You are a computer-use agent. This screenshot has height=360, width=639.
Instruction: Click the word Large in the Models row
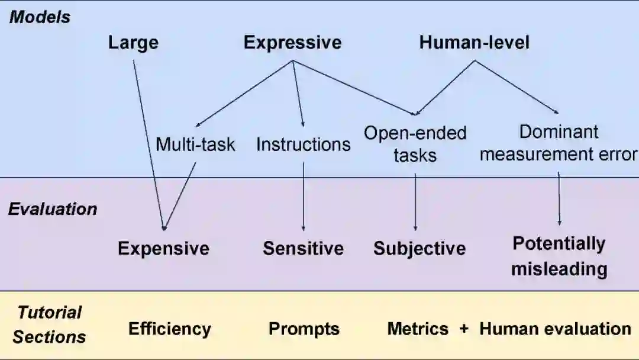[133, 43]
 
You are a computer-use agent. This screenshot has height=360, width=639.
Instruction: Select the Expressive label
[292, 43]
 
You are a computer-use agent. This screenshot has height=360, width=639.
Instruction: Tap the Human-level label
[474, 43]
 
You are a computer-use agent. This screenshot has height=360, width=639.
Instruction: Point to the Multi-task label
[195, 144]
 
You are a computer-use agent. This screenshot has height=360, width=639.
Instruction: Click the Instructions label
[303, 144]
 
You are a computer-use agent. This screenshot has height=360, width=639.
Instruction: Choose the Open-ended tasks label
[415, 144]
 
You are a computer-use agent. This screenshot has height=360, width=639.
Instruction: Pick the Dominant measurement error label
[559, 143]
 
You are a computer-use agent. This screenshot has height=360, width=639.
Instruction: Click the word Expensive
[163, 248]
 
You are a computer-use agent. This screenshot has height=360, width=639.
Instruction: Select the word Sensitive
[303, 248]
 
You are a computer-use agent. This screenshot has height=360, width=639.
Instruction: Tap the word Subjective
[419, 249]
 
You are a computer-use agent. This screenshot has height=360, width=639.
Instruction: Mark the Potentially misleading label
[559, 256]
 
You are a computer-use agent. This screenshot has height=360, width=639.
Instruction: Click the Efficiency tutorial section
[169, 329]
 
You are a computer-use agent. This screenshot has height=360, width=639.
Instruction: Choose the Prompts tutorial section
[304, 329]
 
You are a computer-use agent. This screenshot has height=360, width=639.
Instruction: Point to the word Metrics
[418, 329]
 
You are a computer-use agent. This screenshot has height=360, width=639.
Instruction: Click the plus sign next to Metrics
[464, 329]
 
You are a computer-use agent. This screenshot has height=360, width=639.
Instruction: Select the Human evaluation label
[555, 329]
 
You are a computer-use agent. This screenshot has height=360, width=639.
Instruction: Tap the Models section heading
[40, 17]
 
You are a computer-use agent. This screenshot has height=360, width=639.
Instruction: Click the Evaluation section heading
[53, 209]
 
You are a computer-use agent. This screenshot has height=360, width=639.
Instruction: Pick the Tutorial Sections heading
[50, 324]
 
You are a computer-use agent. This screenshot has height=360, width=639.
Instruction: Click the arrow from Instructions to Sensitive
[304, 195]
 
